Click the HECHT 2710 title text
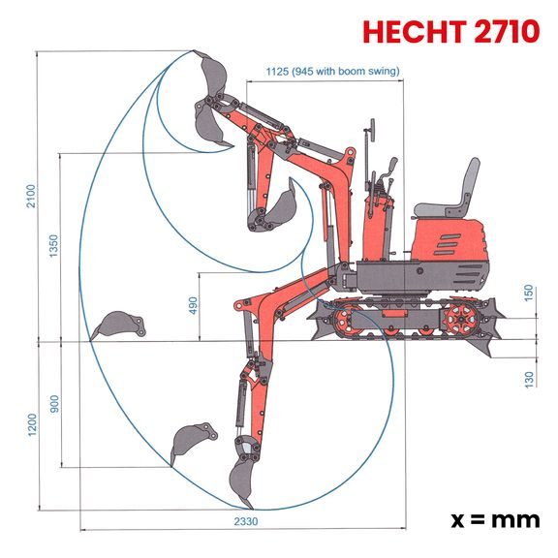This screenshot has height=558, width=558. tap(450, 31)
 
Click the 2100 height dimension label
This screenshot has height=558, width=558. tap(31, 197)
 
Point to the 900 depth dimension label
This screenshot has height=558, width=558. tap(54, 403)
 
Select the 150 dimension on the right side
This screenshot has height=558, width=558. tap(529, 293)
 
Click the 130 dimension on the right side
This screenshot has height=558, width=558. tap(529, 378)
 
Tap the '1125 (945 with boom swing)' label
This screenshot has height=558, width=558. tap(332, 71)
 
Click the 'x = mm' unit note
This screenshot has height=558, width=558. tap(495, 518)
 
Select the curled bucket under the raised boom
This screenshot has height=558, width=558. tap(281, 205)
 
